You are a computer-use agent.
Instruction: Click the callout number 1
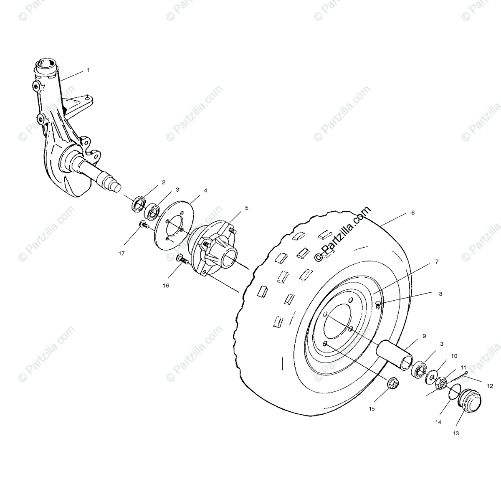88,71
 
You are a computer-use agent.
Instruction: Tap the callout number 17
121,253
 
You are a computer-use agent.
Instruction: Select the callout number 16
166,286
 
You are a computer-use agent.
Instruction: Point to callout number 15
372,408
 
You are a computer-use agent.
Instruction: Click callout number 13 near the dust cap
455,433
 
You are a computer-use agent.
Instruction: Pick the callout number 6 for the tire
413,213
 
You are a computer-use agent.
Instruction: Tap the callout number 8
440,294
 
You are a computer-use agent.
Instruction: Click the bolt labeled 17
145,225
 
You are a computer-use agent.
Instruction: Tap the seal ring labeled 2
138,204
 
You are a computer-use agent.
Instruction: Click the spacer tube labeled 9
394,353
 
